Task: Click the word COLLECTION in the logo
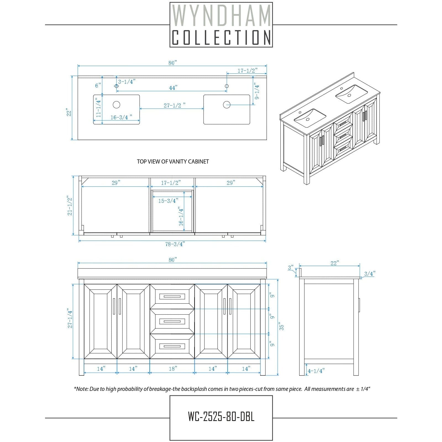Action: [221, 37]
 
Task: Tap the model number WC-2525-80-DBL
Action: [221, 417]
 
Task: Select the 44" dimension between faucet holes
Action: [173, 88]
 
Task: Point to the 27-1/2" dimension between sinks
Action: [174, 106]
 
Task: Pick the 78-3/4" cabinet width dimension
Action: [175, 244]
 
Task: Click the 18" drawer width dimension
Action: [173, 369]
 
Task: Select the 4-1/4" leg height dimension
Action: [316, 371]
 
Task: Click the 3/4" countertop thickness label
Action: [370, 274]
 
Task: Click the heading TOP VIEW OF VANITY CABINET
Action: [173, 162]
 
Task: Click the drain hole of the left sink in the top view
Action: [116, 105]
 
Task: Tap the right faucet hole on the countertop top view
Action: [227, 86]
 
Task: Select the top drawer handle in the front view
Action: [172, 297]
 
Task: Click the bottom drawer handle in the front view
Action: [172, 346]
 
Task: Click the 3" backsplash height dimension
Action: [291, 268]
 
